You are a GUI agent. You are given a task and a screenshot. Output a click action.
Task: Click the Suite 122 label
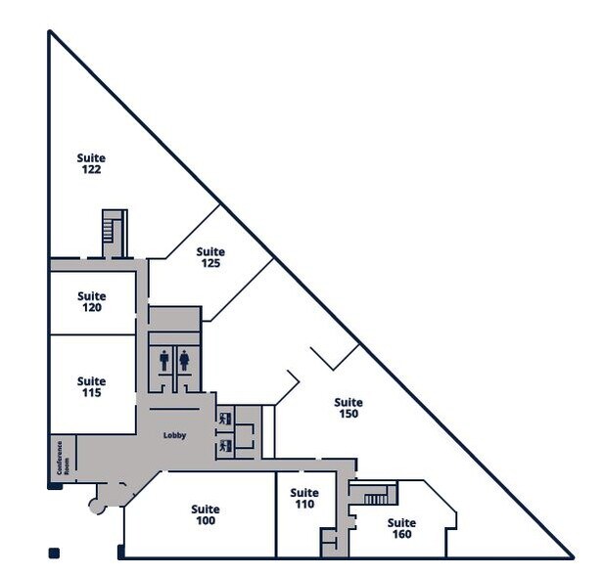[91, 163]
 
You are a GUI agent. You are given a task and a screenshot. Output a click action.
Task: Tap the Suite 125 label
[210, 257]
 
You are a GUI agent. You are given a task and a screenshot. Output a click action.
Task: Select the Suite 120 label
[92, 302]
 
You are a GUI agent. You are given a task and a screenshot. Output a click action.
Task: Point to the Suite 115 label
[92, 387]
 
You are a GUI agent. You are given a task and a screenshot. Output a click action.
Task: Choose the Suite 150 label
[348, 408]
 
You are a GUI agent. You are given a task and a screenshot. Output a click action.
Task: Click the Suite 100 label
[206, 514]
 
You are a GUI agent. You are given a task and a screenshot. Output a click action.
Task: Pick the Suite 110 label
[304, 499]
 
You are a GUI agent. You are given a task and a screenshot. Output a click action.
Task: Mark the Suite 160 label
[401, 528]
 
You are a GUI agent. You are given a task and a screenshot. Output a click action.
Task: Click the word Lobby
[174, 435]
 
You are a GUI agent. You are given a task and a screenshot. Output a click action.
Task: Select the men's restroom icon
[163, 360]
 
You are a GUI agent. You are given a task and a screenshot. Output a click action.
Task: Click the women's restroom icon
[184, 360]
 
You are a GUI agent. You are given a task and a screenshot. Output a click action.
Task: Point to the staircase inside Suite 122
[110, 231]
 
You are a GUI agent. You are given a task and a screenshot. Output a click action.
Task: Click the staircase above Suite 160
[376, 498]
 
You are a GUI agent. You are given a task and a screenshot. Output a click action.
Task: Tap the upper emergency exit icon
[225, 419]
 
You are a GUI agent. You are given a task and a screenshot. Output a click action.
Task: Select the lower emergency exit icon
[225, 446]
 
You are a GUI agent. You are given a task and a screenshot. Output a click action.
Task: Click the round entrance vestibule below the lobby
[97, 505]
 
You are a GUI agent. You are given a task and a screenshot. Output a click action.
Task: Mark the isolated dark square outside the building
[54, 553]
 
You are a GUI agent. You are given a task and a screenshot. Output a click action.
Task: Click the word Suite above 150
[348, 402]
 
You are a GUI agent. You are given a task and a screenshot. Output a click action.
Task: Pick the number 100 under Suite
[206, 520]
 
